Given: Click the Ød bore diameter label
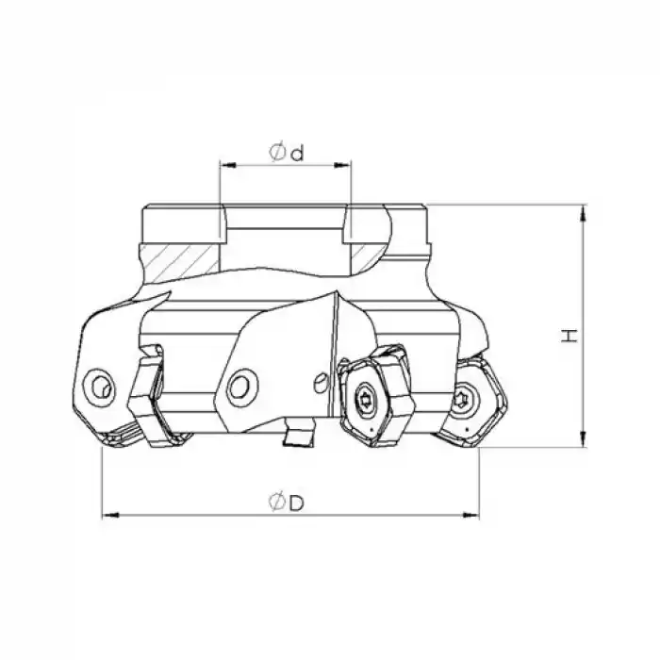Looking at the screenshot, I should click(x=286, y=152).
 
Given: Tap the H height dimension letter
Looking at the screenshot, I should click(x=569, y=335).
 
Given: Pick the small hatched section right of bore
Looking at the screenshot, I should click(x=363, y=254).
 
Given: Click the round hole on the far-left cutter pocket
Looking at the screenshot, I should click(x=98, y=385).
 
